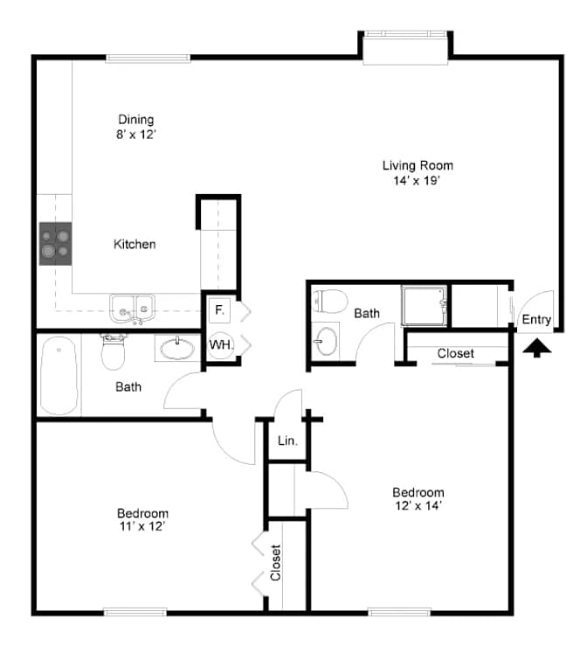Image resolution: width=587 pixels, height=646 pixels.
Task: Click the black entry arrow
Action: point(537,348)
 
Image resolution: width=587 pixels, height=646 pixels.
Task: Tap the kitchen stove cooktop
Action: point(56,244)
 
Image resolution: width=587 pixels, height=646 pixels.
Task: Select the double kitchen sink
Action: point(132,309)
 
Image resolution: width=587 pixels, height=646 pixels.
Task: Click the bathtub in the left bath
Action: point(59,375)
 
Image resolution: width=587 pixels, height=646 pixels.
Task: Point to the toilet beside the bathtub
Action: point(113,351)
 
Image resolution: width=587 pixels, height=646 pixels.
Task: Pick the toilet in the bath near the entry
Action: point(330,302)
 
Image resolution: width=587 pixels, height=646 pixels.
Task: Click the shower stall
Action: point(424,306)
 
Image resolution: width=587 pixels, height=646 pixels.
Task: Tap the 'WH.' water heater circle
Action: point(221,344)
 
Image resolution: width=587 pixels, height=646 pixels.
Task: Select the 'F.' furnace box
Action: point(219,309)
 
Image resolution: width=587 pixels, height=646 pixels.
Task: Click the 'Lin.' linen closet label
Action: point(287,441)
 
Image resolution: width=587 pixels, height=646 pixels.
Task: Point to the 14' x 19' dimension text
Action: point(417,180)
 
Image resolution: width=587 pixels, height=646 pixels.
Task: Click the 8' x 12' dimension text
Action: point(136,135)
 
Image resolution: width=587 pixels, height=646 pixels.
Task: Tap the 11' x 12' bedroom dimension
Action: point(142,526)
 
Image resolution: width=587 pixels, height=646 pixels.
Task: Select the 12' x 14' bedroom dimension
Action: point(418,505)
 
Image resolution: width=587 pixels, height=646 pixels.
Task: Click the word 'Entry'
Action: point(536,319)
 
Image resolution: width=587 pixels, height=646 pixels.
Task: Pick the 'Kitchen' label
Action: point(135,244)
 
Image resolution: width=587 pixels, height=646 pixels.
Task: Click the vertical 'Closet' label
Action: point(275,563)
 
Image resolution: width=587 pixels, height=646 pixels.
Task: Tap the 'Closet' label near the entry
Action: point(456,353)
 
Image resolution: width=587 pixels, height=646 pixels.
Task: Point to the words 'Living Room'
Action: point(418,165)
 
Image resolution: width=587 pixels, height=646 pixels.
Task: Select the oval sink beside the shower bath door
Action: point(327,341)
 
